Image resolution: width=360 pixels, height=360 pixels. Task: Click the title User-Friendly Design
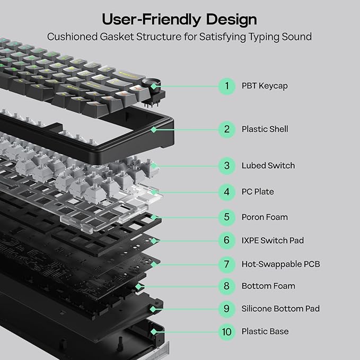(180, 20)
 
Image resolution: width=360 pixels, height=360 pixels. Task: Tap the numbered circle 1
(226, 86)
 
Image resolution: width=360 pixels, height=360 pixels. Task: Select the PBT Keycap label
(265, 86)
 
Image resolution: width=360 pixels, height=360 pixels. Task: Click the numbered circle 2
(226, 129)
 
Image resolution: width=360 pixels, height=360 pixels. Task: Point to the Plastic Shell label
(265, 129)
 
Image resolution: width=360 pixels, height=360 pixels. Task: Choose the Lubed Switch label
(268, 166)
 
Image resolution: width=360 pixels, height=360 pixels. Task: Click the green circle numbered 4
(226, 191)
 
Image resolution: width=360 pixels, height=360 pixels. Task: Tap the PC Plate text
(258, 191)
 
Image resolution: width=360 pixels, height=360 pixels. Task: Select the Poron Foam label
(265, 217)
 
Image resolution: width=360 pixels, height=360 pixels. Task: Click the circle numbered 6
(226, 240)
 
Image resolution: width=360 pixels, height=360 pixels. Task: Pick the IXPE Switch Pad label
(273, 240)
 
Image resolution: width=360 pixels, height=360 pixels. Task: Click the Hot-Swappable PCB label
(280, 264)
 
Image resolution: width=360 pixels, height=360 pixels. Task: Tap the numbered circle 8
(226, 286)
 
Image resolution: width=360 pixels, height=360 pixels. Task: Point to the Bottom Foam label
(268, 286)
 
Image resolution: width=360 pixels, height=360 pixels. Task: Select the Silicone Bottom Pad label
(280, 309)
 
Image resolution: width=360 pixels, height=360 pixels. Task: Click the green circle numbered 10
(226, 332)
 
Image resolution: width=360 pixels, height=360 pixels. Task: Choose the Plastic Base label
(265, 332)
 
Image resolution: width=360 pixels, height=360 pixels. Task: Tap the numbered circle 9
(226, 309)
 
